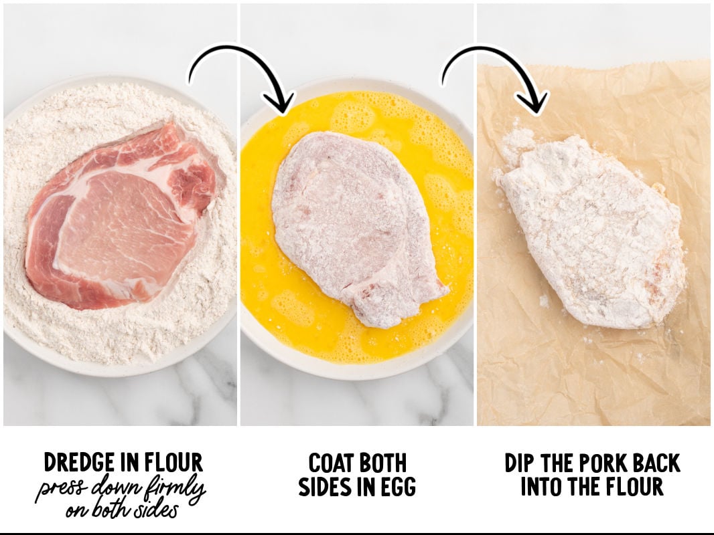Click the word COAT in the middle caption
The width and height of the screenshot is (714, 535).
[x=332, y=463]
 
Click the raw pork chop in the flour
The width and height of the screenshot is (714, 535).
[x=121, y=215]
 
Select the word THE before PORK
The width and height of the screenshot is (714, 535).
[x=553, y=463]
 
